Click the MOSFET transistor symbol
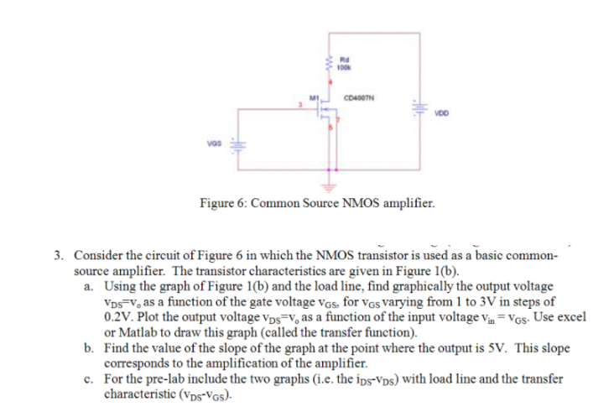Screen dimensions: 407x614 (x=325, y=117)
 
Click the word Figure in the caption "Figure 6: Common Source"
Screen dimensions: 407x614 (x=216, y=202)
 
